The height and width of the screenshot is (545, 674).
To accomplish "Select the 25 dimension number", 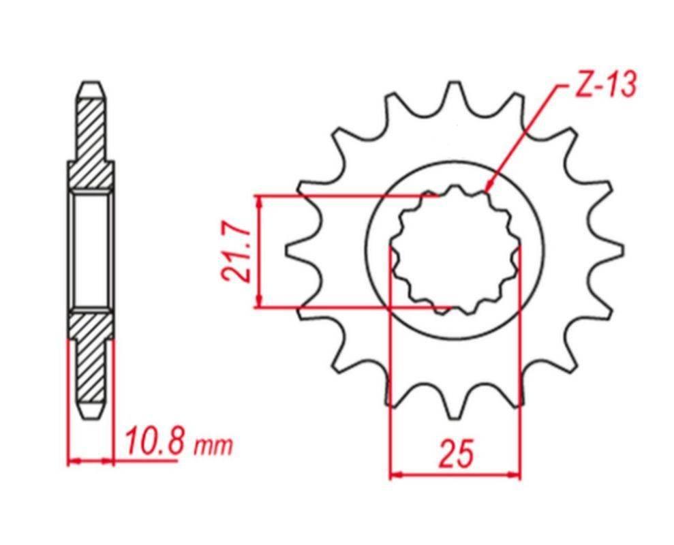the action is pyautogui.click(x=456, y=454).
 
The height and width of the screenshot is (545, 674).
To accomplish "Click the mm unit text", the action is pyautogui.click(x=213, y=447).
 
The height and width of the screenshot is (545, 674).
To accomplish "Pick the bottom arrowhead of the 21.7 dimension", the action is pyautogui.click(x=258, y=302).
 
